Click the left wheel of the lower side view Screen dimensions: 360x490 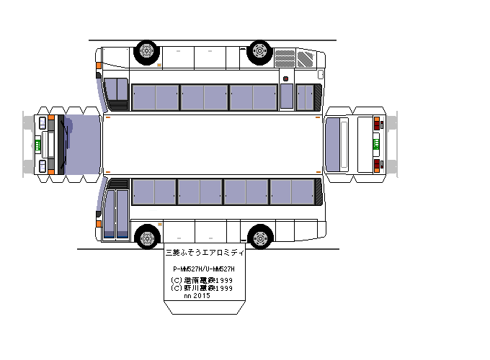tap(147, 236)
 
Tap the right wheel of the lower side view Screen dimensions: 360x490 tap(260, 236)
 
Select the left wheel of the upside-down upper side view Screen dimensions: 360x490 tap(146, 51)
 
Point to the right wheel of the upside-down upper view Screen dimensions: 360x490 tap(259, 51)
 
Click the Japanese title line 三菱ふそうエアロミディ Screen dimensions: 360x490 tap(205, 253)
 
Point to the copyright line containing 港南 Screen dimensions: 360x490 tap(201, 280)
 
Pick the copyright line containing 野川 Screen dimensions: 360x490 tap(201, 287)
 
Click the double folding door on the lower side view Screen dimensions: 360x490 tap(117, 212)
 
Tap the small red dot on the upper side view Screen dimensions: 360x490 tap(286, 78)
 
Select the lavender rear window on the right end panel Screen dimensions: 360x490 tap(335, 143)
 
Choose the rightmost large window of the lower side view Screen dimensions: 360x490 tap(292, 192)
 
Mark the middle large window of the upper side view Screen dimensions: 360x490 tap(204, 96)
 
